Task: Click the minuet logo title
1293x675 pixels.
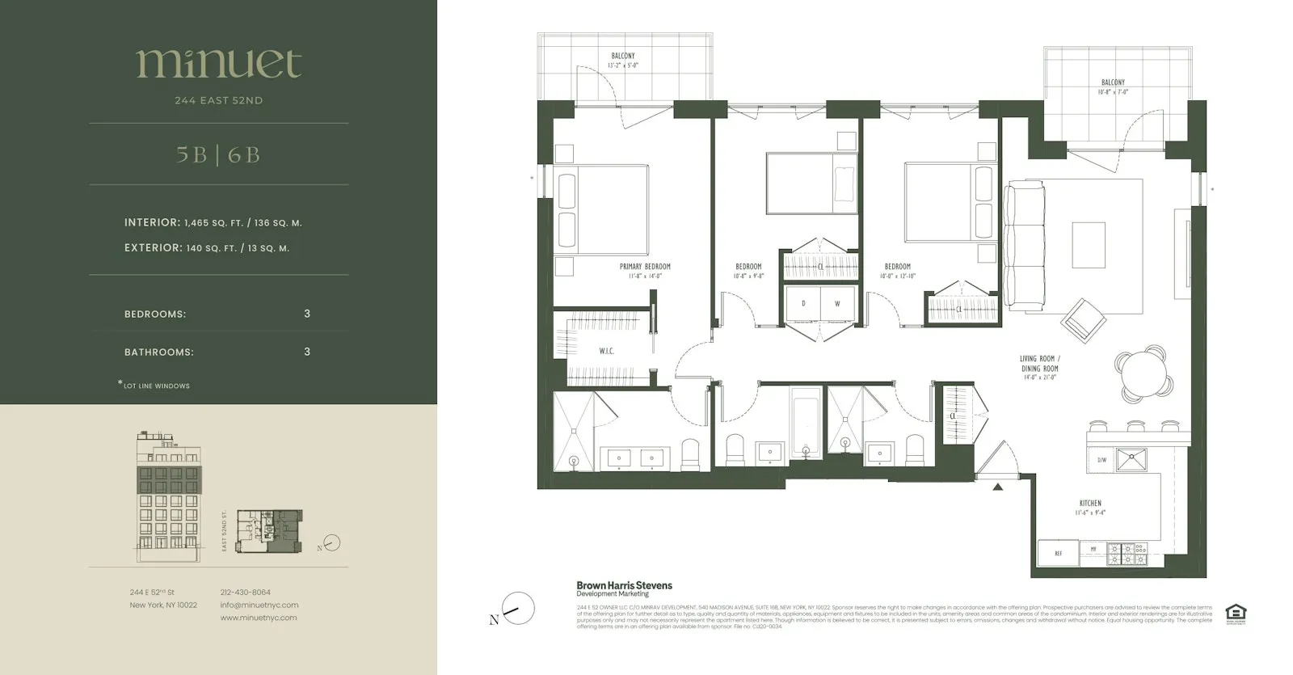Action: click(219, 63)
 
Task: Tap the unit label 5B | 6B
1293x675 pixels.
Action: click(218, 154)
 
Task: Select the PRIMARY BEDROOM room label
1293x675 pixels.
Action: click(645, 267)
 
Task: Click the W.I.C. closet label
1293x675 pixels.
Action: click(606, 351)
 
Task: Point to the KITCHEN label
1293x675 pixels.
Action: click(1090, 503)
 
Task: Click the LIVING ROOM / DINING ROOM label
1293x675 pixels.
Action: click(1039, 363)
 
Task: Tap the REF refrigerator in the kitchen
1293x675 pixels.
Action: click(1058, 553)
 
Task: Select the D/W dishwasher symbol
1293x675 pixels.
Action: click(1101, 460)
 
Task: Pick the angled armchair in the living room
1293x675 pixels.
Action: click(1084, 320)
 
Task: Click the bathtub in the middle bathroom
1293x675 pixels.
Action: click(805, 424)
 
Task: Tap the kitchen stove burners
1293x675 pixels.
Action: click(1127, 553)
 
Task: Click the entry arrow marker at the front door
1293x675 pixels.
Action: click(998, 487)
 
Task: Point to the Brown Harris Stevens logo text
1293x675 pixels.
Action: click(624, 585)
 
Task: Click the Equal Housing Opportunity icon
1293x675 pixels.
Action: click(1236, 614)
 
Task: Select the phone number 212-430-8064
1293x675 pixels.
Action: click(245, 593)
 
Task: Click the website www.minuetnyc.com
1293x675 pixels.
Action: click(259, 618)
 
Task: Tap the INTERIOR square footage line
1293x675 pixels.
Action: click(213, 222)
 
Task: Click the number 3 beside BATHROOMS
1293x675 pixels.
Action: click(307, 352)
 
